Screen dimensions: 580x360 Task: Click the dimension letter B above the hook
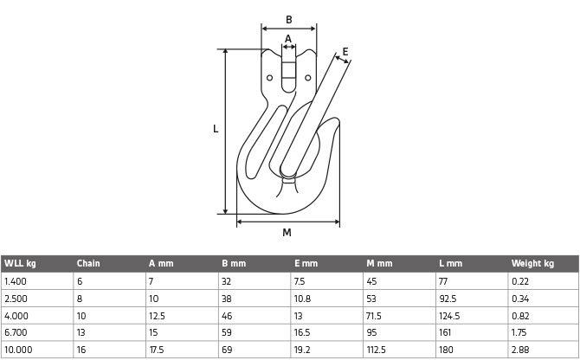(289, 20)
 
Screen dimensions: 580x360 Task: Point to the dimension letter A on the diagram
(288, 39)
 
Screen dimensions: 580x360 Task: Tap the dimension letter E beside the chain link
(345, 52)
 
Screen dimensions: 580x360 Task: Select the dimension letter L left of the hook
(216, 129)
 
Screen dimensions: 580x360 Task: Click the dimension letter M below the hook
(287, 233)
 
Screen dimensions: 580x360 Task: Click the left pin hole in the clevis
(269, 78)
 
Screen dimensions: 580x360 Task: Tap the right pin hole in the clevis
(308, 78)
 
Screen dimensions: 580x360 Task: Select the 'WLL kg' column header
(20, 264)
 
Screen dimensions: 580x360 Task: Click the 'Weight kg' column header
(532, 264)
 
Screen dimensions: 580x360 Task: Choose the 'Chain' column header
(88, 264)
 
